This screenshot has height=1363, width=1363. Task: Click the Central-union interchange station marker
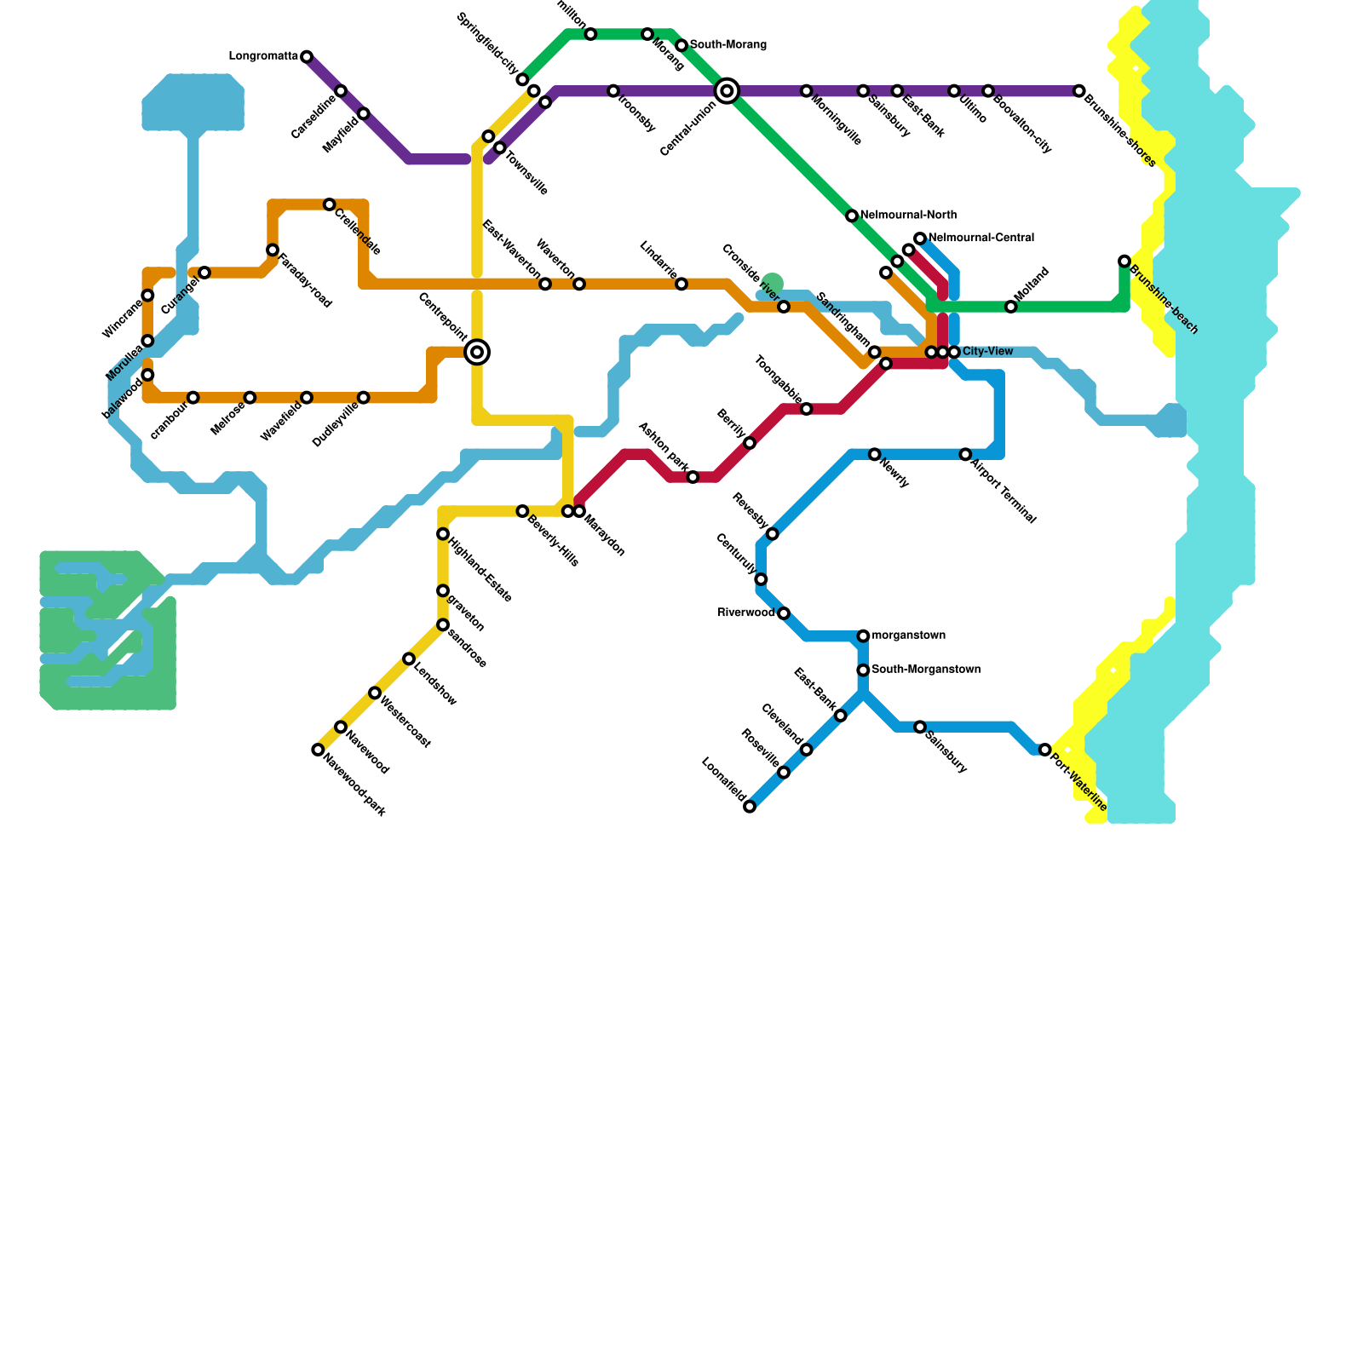pyautogui.click(x=727, y=90)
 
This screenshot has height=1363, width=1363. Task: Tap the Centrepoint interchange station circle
pyautogui.click(x=477, y=352)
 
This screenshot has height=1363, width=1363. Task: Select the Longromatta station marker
pyautogui.click(x=307, y=57)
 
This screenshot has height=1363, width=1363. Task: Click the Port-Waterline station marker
pyautogui.click(x=1044, y=750)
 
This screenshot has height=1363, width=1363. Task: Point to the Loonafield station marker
pyautogui.click(x=750, y=807)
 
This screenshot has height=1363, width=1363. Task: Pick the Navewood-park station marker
pyautogui.click(x=318, y=750)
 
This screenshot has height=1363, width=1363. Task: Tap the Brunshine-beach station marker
pyautogui.click(x=1124, y=261)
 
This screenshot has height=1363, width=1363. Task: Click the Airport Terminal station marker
pyautogui.click(x=965, y=455)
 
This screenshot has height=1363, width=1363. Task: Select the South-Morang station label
pyautogui.click(x=728, y=44)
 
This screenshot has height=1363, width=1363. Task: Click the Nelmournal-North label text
pyautogui.click(x=908, y=215)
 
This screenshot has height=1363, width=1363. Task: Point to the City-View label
pyautogui.click(x=988, y=351)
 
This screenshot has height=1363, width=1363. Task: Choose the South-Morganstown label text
pyautogui.click(x=926, y=670)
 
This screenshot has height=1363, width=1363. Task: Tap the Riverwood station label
pyautogui.click(x=746, y=612)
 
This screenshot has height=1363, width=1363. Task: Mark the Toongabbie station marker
pyautogui.click(x=806, y=410)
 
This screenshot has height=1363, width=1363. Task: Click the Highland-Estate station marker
pyautogui.click(x=443, y=534)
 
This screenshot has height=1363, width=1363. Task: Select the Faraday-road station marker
pyautogui.click(x=273, y=250)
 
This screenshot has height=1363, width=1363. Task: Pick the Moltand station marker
pyautogui.click(x=1010, y=307)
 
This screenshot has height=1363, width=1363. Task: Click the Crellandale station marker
pyautogui.click(x=329, y=204)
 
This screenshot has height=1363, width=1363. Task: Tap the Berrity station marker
pyautogui.click(x=750, y=443)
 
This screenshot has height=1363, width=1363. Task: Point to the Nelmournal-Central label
pyautogui.click(x=981, y=238)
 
